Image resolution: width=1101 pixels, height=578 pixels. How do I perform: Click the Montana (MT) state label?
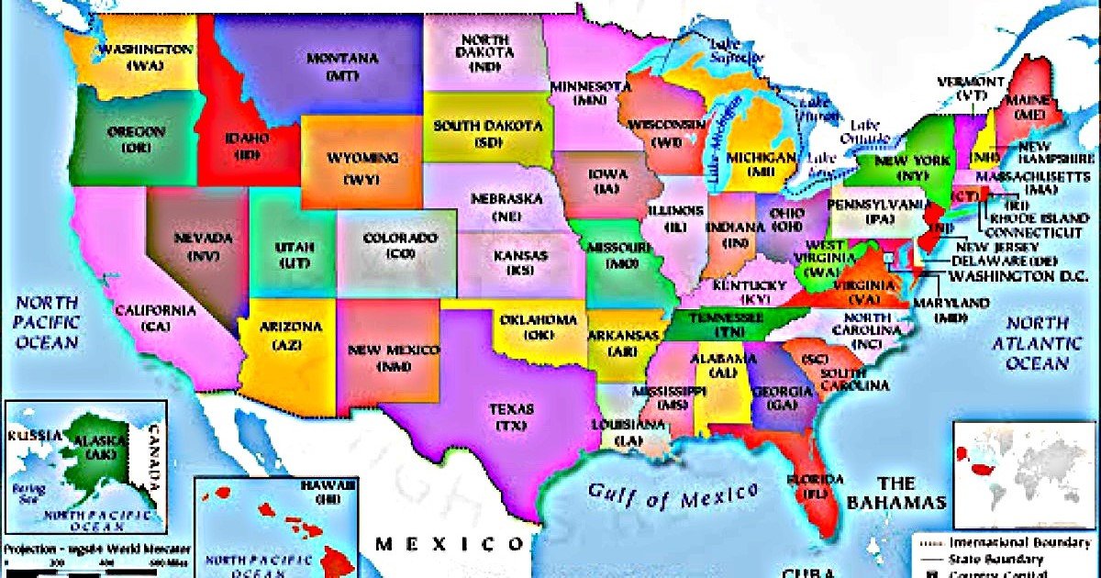coord(342,65)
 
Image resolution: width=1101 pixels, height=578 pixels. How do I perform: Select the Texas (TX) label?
coord(505,417)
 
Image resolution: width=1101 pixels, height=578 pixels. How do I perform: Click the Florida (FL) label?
coord(815,487)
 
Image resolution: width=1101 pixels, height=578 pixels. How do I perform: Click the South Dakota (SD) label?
coord(486,133)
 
